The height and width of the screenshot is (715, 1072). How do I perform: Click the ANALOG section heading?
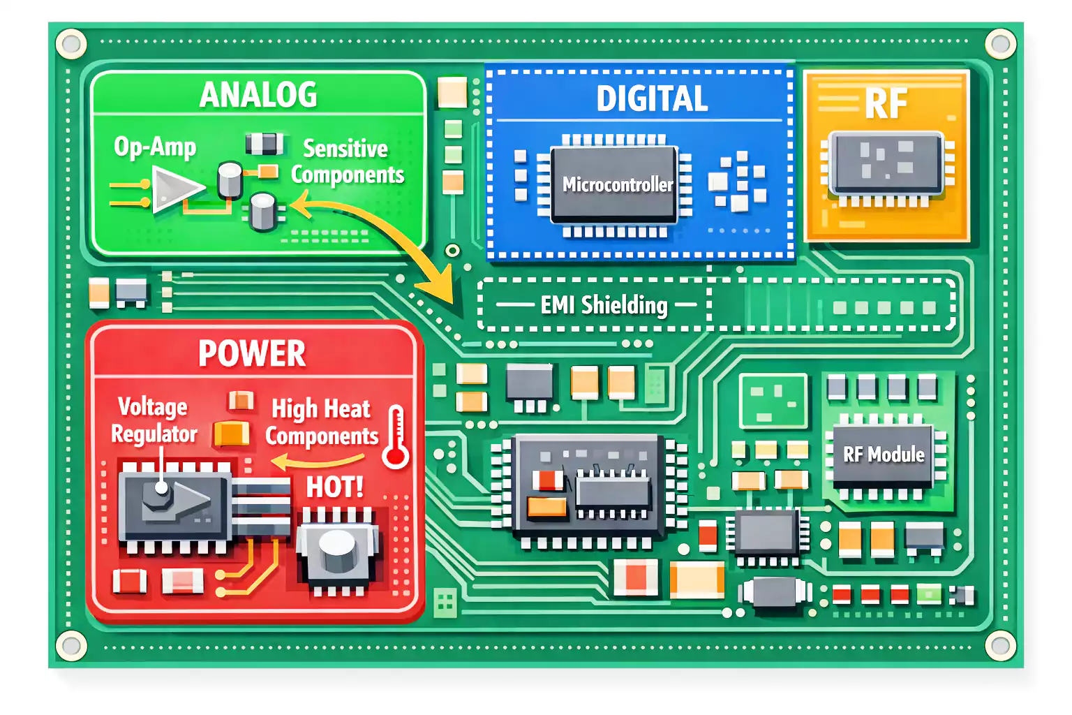click(258, 95)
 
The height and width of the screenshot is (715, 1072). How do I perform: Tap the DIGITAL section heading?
click(652, 98)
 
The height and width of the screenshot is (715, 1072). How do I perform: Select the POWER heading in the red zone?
click(252, 353)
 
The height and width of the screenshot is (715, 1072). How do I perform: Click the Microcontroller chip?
click(615, 185)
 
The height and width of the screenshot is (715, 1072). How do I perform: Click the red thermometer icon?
click(396, 438)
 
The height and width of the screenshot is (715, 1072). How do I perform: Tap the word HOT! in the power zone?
click(335, 487)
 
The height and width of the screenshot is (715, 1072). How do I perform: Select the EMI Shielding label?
click(604, 305)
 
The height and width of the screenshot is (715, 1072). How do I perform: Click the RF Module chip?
click(884, 455)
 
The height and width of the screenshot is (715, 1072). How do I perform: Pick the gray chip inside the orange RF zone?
click(886, 163)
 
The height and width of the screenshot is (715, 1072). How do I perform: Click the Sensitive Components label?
click(347, 162)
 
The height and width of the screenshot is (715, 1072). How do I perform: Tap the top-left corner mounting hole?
click(70, 44)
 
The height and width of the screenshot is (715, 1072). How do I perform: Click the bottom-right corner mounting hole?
click(1000, 644)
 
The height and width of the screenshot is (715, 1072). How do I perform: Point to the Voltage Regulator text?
click(154, 420)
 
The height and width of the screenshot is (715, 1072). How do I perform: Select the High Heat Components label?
click(322, 422)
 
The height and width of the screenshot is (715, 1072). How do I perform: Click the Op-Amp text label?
click(155, 147)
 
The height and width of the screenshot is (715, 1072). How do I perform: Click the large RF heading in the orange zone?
click(886, 104)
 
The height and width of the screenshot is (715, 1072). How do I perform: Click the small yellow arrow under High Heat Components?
click(318, 461)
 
